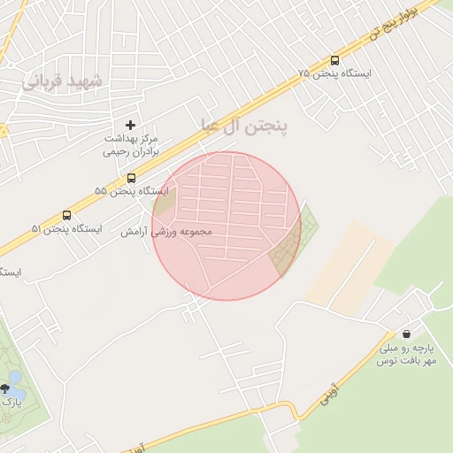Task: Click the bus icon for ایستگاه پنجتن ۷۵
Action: (x=334, y=60)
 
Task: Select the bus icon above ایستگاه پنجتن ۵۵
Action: (x=131, y=178)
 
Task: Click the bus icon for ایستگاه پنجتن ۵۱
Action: (x=66, y=215)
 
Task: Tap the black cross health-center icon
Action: (x=131, y=126)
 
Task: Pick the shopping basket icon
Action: (x=405, y=334)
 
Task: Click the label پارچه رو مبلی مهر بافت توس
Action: (x=409, y=356)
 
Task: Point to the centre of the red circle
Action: (x=226, y=226)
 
